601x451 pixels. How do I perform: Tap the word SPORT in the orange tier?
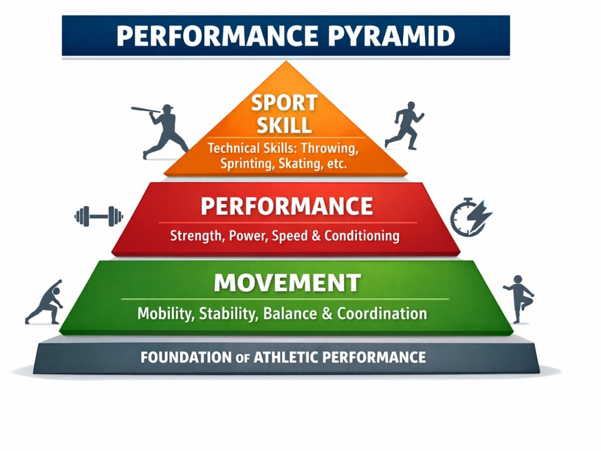(x=284, y=103)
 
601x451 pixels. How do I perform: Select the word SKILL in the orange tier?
(x=284, y=125)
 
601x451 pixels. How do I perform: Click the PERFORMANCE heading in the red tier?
(x=287, y=206)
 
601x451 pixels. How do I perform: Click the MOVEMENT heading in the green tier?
(x=287, y=283)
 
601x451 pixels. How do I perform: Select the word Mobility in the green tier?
(x=166, y=314)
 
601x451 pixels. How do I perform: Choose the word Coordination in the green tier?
(x=382, y=314)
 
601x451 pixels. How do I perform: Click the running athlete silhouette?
(x=404, y=125)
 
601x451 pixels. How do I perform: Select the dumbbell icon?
(x=99, y=216)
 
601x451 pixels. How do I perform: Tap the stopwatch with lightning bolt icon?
(x=470, y=217)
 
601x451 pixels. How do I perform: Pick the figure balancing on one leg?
(x=518, y=297)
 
